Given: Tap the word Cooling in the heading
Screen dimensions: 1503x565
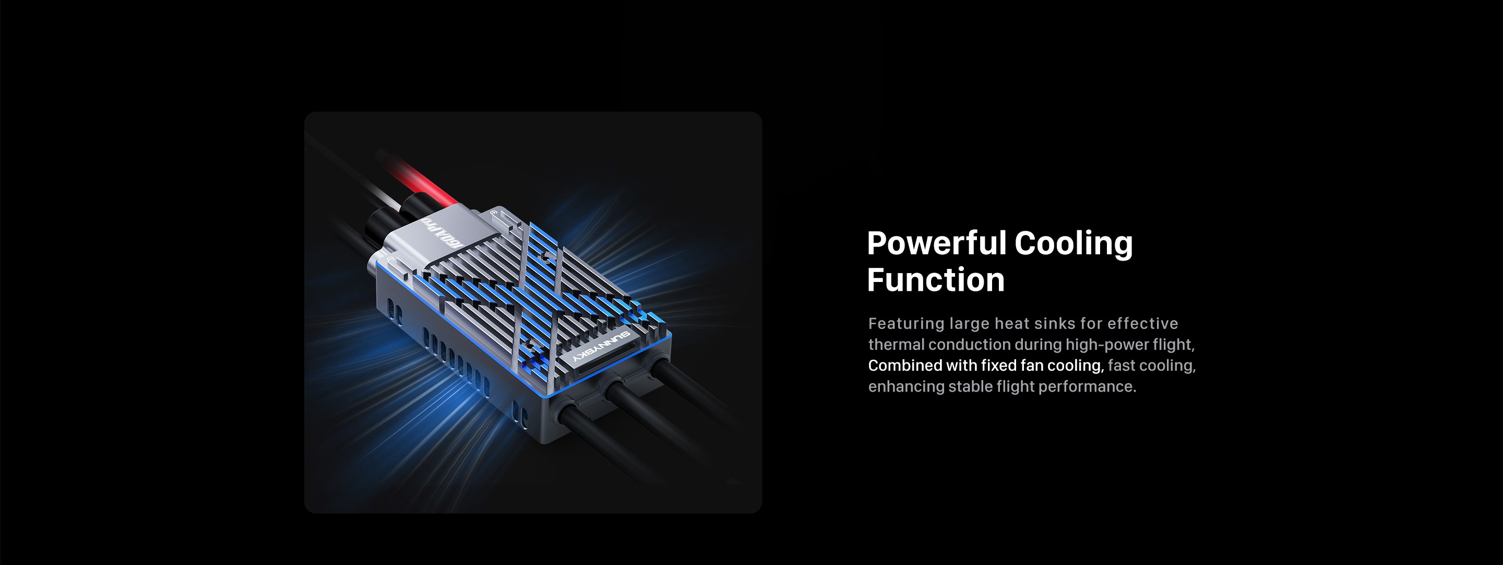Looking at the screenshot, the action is point(1073,244).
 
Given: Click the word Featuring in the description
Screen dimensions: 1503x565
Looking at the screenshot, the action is point(906,324).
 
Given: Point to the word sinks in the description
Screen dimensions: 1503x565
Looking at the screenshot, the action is point(1049,323).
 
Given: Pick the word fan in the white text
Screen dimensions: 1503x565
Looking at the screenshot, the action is point(1032,366).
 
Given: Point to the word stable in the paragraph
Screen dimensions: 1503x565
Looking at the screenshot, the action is point(970,386).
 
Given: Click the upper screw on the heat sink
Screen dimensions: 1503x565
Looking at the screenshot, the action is point(544,256).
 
